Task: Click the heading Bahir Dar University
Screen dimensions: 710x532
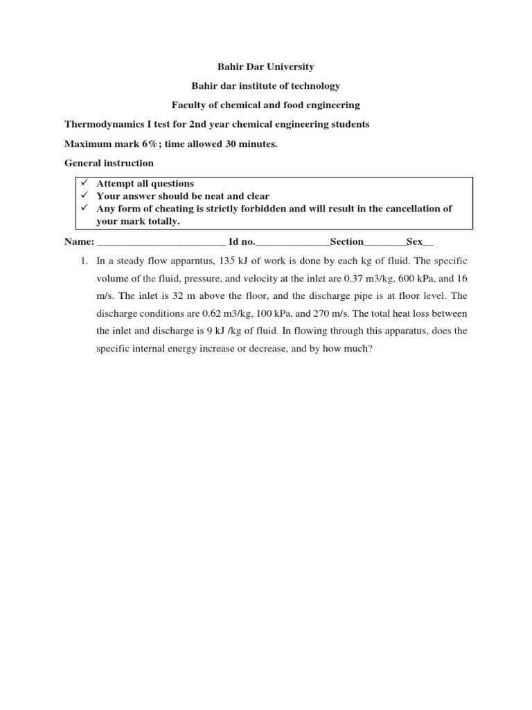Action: click(266, 67)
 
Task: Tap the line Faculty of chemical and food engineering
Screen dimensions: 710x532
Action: click(266, 105)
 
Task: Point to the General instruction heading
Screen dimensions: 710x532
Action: click(109, 163)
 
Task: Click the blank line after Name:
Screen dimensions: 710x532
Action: click(161, 243)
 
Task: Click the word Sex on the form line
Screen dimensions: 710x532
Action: click(414, 242)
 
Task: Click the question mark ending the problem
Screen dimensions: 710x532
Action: click(371, 349)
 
